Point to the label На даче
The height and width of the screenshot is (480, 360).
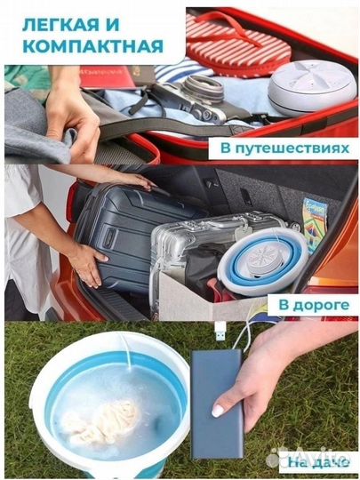coord(310,460)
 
